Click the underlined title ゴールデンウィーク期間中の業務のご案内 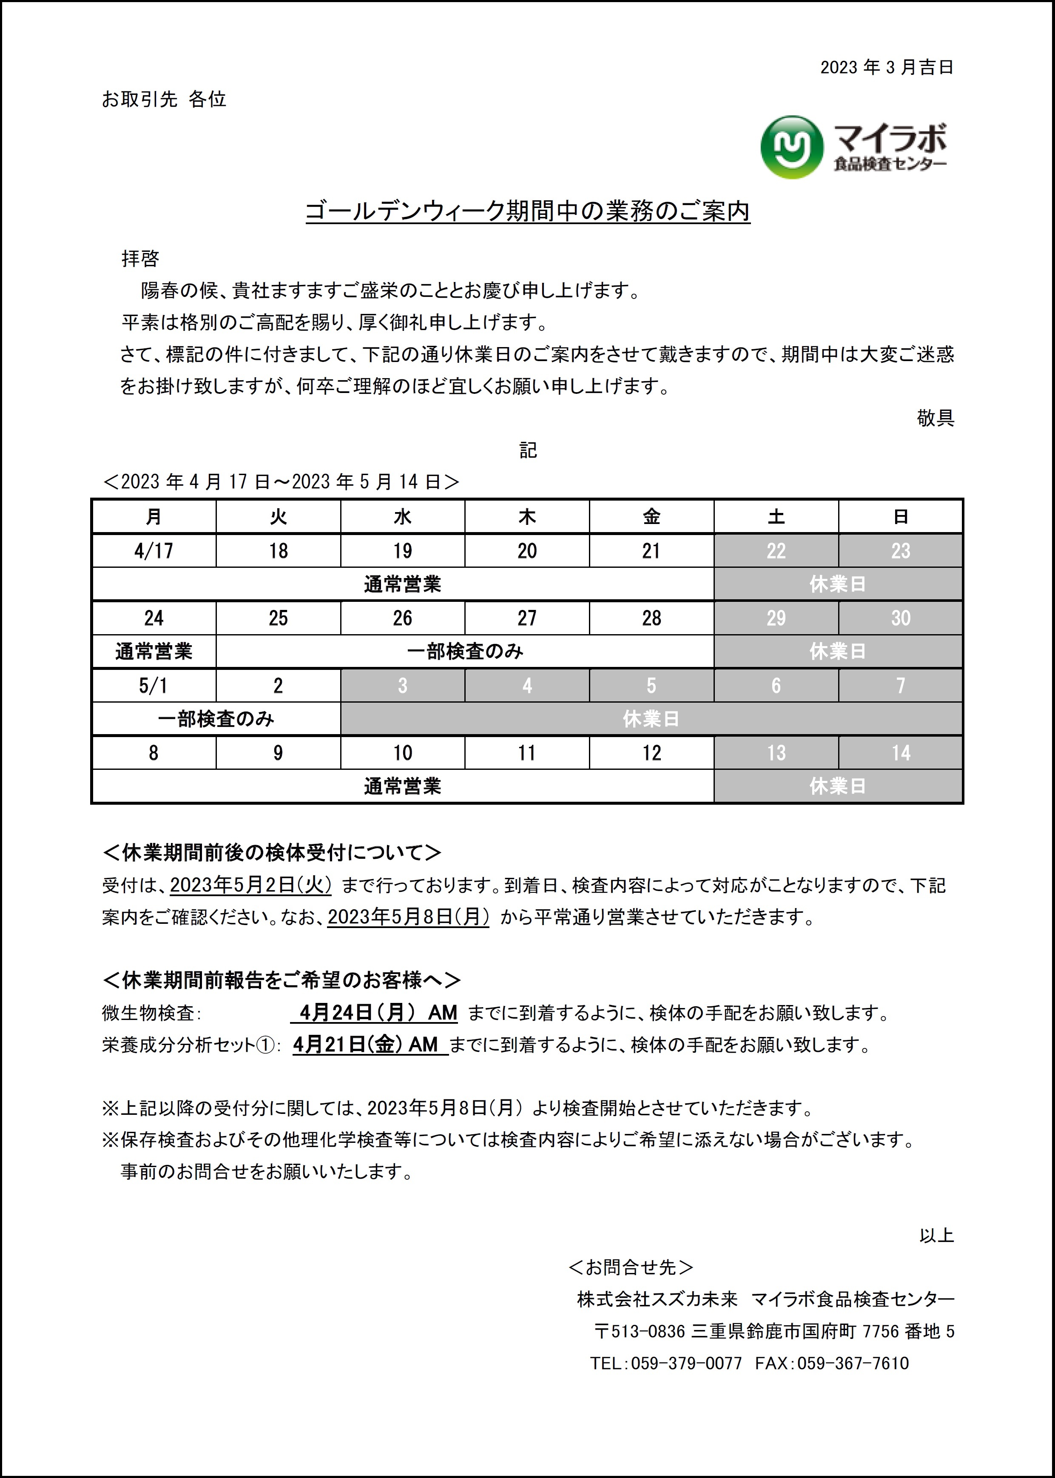pyautogui.click(x=527, y=211)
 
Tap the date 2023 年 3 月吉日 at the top pyautogui.click(x=886, y=68)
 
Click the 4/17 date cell pyautogui.click(x=154, y=551)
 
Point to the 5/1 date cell pyautogui.click(x=154, y=685)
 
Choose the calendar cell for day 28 pyautogui.click(x=651, y=618)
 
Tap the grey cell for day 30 pyautogui.click(x=900, y=618)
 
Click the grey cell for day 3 pyautogui.click(x=402, y=685)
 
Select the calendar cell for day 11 pyautogui.click(x=527, y=753)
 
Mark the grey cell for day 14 pyautogui.click(x=900, y=753)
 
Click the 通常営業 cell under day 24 pyautogui.click(x=154, y=652)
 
